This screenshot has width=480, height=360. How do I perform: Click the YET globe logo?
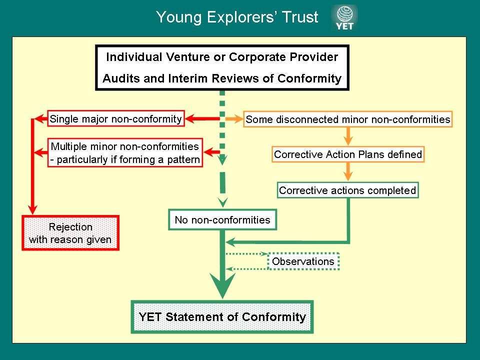point(344,18)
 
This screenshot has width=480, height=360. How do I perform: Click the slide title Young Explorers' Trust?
point(237,17)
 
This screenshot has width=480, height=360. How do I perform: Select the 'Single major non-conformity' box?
point(115,119)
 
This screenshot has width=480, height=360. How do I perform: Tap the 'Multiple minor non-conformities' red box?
point(125,153)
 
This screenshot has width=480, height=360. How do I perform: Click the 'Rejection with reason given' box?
point(70,233)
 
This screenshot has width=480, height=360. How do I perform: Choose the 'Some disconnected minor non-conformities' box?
point(348,119)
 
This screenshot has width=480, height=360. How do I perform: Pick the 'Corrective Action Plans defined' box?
point(348,154)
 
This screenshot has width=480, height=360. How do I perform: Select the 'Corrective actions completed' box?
point(347,190)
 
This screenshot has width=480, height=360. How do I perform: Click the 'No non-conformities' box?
point(222,219)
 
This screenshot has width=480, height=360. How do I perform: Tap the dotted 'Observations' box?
point(303,261)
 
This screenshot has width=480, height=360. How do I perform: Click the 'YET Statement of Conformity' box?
point(222,316)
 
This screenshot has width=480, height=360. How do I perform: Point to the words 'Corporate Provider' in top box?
point(283,57)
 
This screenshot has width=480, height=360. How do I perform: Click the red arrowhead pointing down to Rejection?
point(32,208)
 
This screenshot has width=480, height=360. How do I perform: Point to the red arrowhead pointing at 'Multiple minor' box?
point(211,151)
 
